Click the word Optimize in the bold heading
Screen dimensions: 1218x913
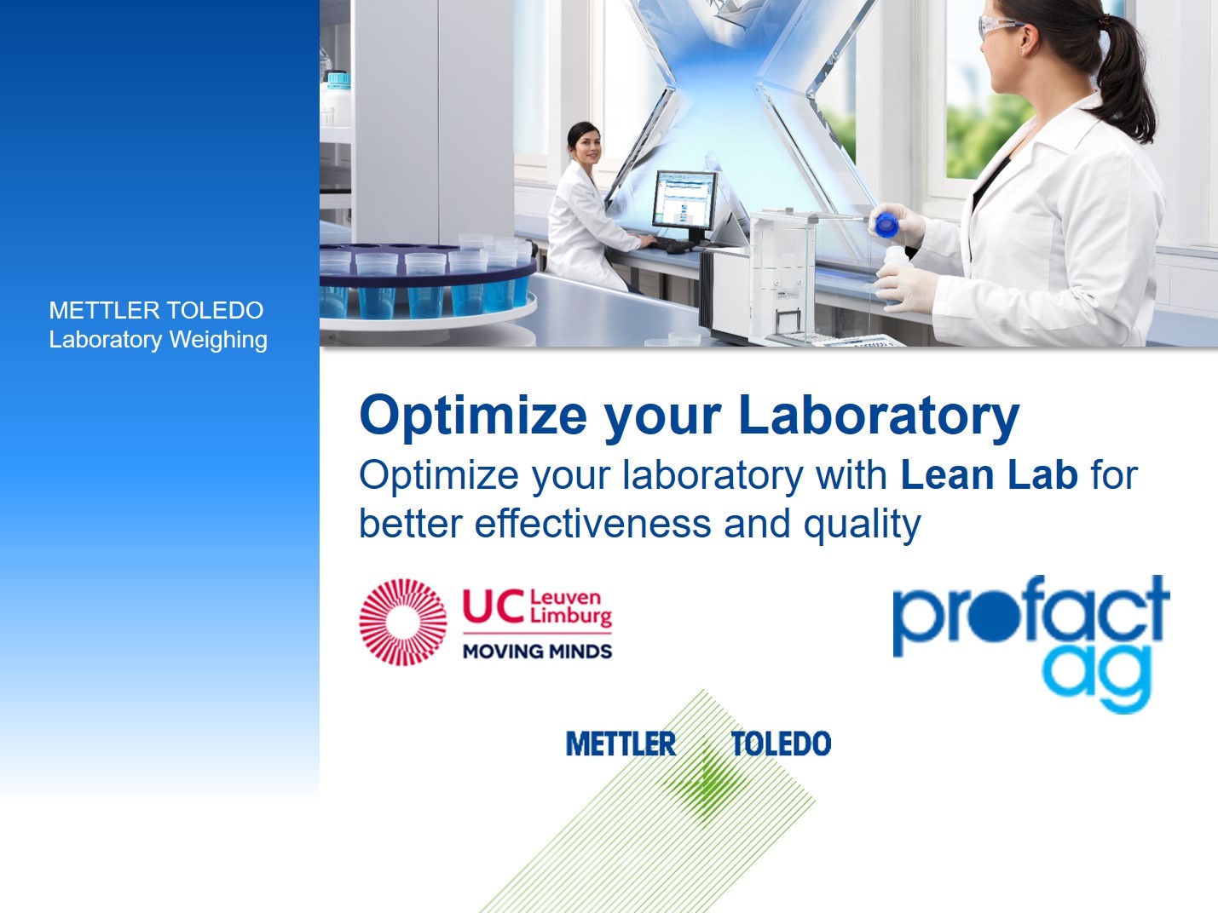point(473,416)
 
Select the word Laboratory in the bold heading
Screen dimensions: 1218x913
point(879,416)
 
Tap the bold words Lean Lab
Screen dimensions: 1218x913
point(989,475)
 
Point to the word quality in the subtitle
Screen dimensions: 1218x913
point(862,525)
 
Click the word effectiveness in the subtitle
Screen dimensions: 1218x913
point(592,523)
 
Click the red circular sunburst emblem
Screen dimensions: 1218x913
point(403,622)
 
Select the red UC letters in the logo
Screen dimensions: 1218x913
point(494,606)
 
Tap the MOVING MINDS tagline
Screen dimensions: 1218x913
point(537,651)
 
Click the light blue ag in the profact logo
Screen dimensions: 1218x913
point(1097,678)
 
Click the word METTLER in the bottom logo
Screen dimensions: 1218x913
point(621,744)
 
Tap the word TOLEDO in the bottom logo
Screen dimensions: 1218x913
point(782,744)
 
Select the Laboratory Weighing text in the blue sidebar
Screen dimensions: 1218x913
point(159,340)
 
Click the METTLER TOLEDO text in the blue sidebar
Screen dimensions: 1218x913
point(156,310)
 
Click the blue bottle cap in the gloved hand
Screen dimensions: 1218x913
point(886,224)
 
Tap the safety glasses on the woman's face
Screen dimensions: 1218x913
point(999,26)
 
